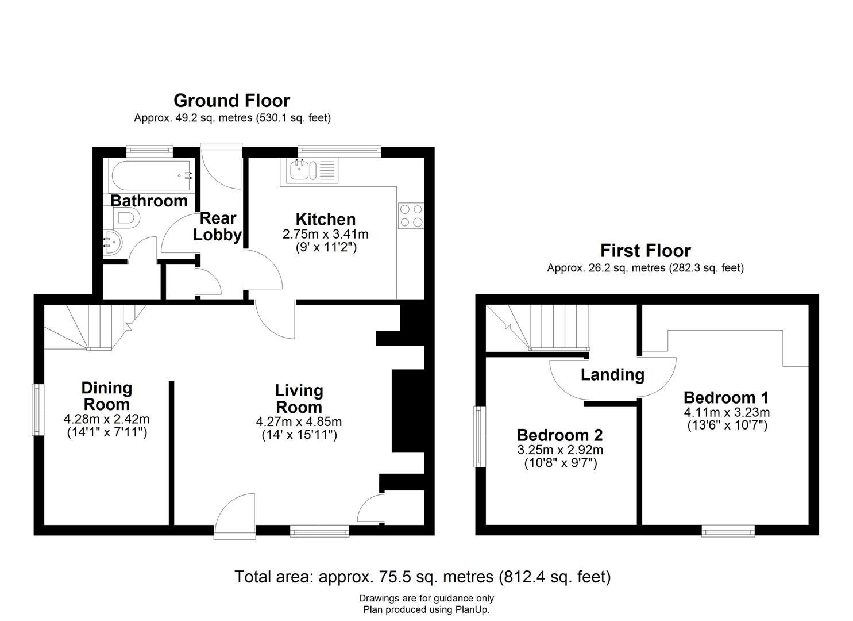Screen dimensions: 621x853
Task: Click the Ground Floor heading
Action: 231,101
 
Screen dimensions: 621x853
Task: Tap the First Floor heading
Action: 645,251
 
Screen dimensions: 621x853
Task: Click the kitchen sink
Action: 302,170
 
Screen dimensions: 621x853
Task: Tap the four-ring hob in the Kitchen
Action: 411,216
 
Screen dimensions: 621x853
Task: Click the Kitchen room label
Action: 325,219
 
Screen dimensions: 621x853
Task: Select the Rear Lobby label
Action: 218,227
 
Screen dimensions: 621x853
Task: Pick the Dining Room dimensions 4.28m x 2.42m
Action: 107,419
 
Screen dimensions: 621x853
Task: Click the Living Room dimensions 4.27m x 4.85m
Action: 299,421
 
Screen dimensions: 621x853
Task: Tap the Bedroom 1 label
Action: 726,397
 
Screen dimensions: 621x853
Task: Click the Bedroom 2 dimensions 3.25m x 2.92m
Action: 560,450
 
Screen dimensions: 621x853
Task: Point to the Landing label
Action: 612,375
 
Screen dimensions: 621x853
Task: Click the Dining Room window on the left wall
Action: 37,409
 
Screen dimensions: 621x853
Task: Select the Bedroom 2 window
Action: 478,436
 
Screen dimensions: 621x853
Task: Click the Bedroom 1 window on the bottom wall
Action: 728,531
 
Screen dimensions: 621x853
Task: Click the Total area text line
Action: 422,576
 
